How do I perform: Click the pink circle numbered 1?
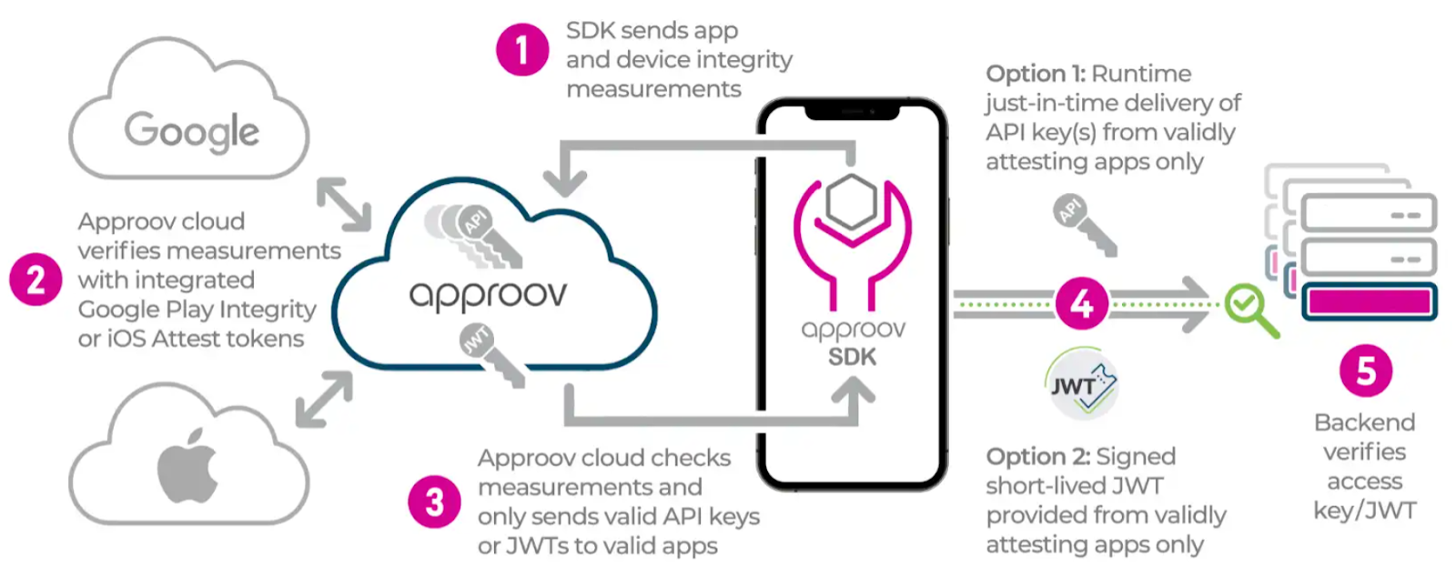click(x=522, y=50)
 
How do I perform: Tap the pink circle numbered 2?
click(x=35, y=279)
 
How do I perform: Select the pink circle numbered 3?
click(x=435, y=502)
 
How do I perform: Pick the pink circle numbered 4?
click(x=1082, y=303)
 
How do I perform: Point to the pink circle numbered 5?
click(x=1366, y=371)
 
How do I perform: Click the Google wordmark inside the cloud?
click(x=192, y=131)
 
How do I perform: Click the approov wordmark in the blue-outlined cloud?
click(x=488, y=296)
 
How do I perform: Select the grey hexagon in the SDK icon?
click(x=852, y=202)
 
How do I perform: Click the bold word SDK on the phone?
click(x=852, y=357)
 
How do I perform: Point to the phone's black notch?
click(x=852, y=112)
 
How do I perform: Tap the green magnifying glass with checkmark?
click(x=1251, y=310)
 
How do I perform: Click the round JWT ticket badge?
click(x=1082, y=384)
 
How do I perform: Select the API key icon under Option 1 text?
click(x=1084, y=225)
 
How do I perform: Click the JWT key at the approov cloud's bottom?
click(x=492, y=355)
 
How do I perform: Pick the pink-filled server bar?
click(x=1370, y=302)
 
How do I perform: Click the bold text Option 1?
click(x=1036, y=74)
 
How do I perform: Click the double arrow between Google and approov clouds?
click(x=344, y=205)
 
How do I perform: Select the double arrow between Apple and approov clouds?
click(x=324, y=399)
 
